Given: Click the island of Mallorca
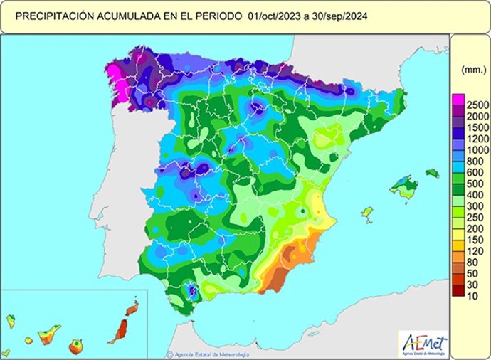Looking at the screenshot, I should pyautogui.click(x=403, y=189).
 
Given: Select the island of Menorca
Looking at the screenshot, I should pyautogui.click(x=432, y=173).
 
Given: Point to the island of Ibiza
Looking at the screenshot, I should pyautogui.click(x=368, y=212).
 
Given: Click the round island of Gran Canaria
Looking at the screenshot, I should pyautogui.click(x=76, y=347).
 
